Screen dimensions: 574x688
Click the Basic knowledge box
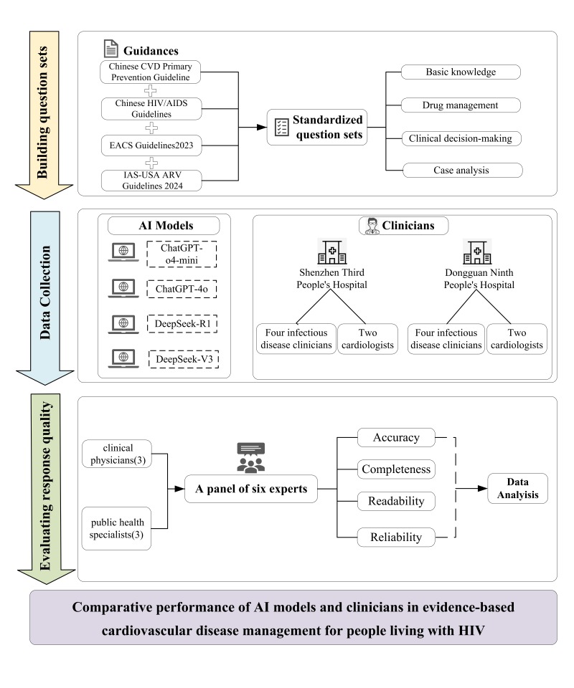point(461,72)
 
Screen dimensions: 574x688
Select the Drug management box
point(461,105)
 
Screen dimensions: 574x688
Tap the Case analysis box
point(463,171)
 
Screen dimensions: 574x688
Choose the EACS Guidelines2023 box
point(151,145)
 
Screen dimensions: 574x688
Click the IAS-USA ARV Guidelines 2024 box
point(151,181)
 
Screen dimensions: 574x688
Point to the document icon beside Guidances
point(110,49)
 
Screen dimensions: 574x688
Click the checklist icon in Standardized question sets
point(281,128)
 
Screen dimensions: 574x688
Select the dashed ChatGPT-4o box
point(182,289)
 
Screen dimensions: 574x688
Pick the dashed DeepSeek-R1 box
point(182,324)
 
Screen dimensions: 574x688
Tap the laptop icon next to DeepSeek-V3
point(123,358)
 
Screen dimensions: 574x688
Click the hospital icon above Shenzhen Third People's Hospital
point(332,252)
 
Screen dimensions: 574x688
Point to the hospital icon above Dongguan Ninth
point(477,252)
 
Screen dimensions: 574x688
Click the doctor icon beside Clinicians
point(372,226)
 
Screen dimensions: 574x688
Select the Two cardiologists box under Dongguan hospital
point(517,339)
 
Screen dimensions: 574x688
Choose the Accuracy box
point(396,437)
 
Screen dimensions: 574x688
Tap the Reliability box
point(396,537)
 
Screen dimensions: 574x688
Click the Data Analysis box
point(518,488)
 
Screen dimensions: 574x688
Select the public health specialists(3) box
point(116,528)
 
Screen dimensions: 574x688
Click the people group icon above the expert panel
point(251,458)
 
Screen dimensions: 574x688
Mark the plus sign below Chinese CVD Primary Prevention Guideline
point(151,91)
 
